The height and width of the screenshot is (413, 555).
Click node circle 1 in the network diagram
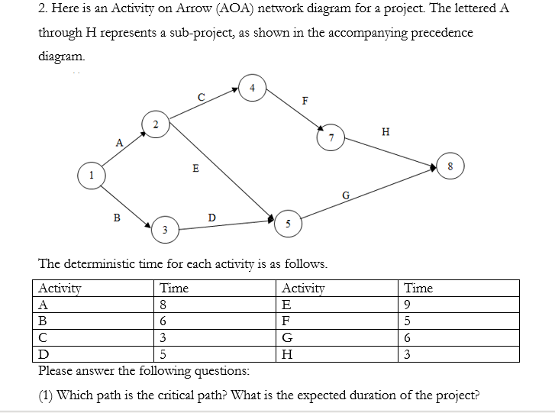[92, 176]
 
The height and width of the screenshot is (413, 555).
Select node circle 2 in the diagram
[154, 124]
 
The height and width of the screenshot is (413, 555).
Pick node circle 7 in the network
[331, 138]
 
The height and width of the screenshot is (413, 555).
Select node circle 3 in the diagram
[163, 228]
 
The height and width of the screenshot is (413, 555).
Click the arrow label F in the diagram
[305, 100]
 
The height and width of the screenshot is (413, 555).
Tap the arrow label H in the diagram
[385, 131]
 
